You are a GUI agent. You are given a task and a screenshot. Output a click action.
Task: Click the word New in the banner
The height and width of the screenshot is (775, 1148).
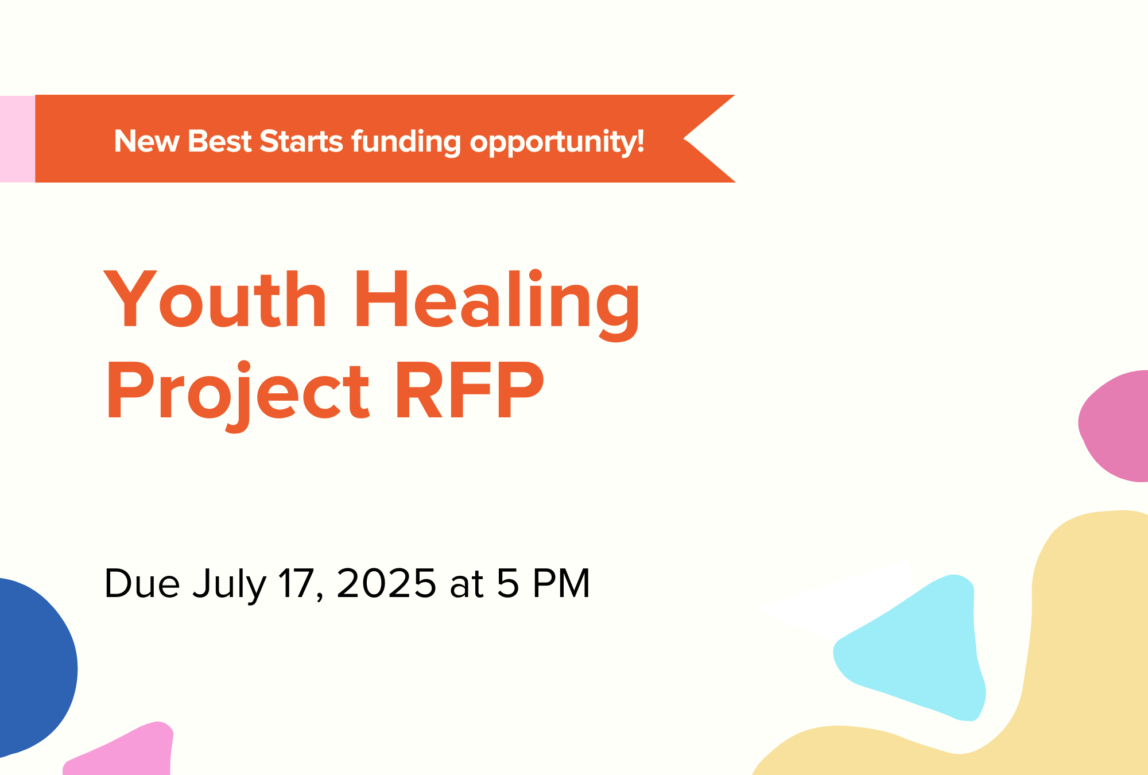[146, 141]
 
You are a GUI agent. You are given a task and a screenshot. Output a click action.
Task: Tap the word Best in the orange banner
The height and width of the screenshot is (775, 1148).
[219, 141]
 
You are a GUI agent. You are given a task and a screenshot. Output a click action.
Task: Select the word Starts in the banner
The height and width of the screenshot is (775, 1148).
[301, 141]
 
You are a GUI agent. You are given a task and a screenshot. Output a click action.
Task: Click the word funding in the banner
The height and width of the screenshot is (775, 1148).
[406, 142]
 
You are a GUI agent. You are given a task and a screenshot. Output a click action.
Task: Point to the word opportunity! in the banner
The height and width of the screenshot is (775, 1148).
[557, 142]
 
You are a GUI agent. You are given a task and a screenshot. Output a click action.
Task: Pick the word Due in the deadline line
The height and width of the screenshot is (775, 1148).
[142, 583]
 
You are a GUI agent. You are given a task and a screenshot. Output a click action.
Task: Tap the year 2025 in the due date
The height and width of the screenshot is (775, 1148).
[386, 583]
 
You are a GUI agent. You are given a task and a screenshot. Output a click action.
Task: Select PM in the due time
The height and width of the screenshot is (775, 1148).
[561, 583]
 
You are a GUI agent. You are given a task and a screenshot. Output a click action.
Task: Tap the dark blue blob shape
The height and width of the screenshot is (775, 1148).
[32, 666]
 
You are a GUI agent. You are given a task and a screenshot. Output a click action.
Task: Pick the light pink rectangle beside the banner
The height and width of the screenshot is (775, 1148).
[17, 139]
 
